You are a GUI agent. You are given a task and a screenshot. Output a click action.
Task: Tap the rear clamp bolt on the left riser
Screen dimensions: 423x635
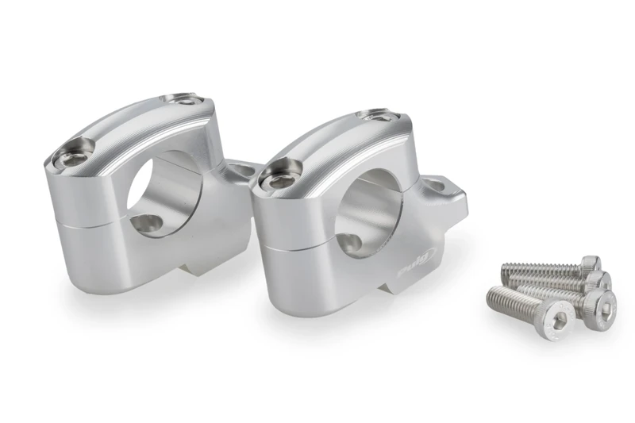pyautogui.click(x=187, y=100)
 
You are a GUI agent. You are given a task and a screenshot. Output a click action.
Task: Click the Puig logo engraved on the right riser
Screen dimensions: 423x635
pyautogui.click(x=417, y=263)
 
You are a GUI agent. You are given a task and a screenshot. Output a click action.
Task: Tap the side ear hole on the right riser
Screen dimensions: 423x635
pyautogui.click(x=437, y=187)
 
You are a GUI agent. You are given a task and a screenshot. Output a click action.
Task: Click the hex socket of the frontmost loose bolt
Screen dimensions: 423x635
pyautogui.click(x=560, y=319)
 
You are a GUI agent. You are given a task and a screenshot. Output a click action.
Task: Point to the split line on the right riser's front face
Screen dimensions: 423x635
pyautogui.click(x=298, y=250)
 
